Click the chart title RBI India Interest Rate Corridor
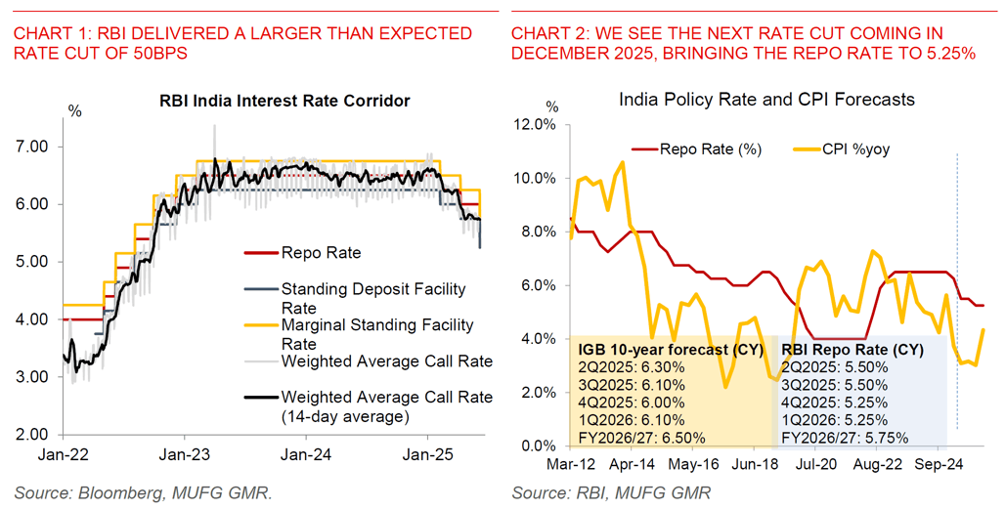coord(284,101)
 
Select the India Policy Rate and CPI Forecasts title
coord(766,99)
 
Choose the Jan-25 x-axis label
coord(428,454)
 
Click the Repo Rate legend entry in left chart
coord(321,253)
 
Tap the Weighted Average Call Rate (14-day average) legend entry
coord(386,406)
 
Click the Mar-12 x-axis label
coord(571,466)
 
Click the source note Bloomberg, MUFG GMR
coord(144,492)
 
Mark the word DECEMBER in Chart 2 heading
coord(570,55)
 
